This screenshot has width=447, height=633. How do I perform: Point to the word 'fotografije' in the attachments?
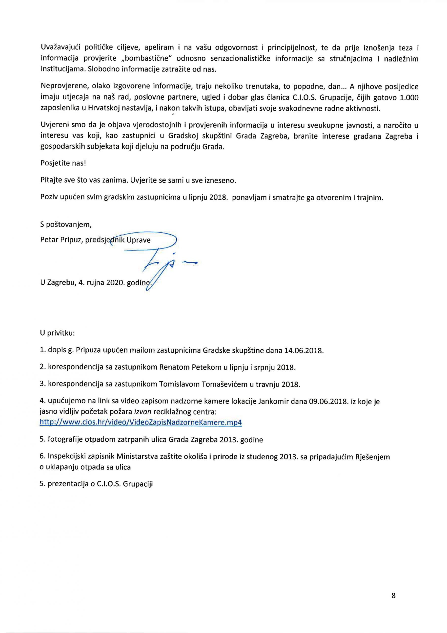(x=64, y=439)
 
